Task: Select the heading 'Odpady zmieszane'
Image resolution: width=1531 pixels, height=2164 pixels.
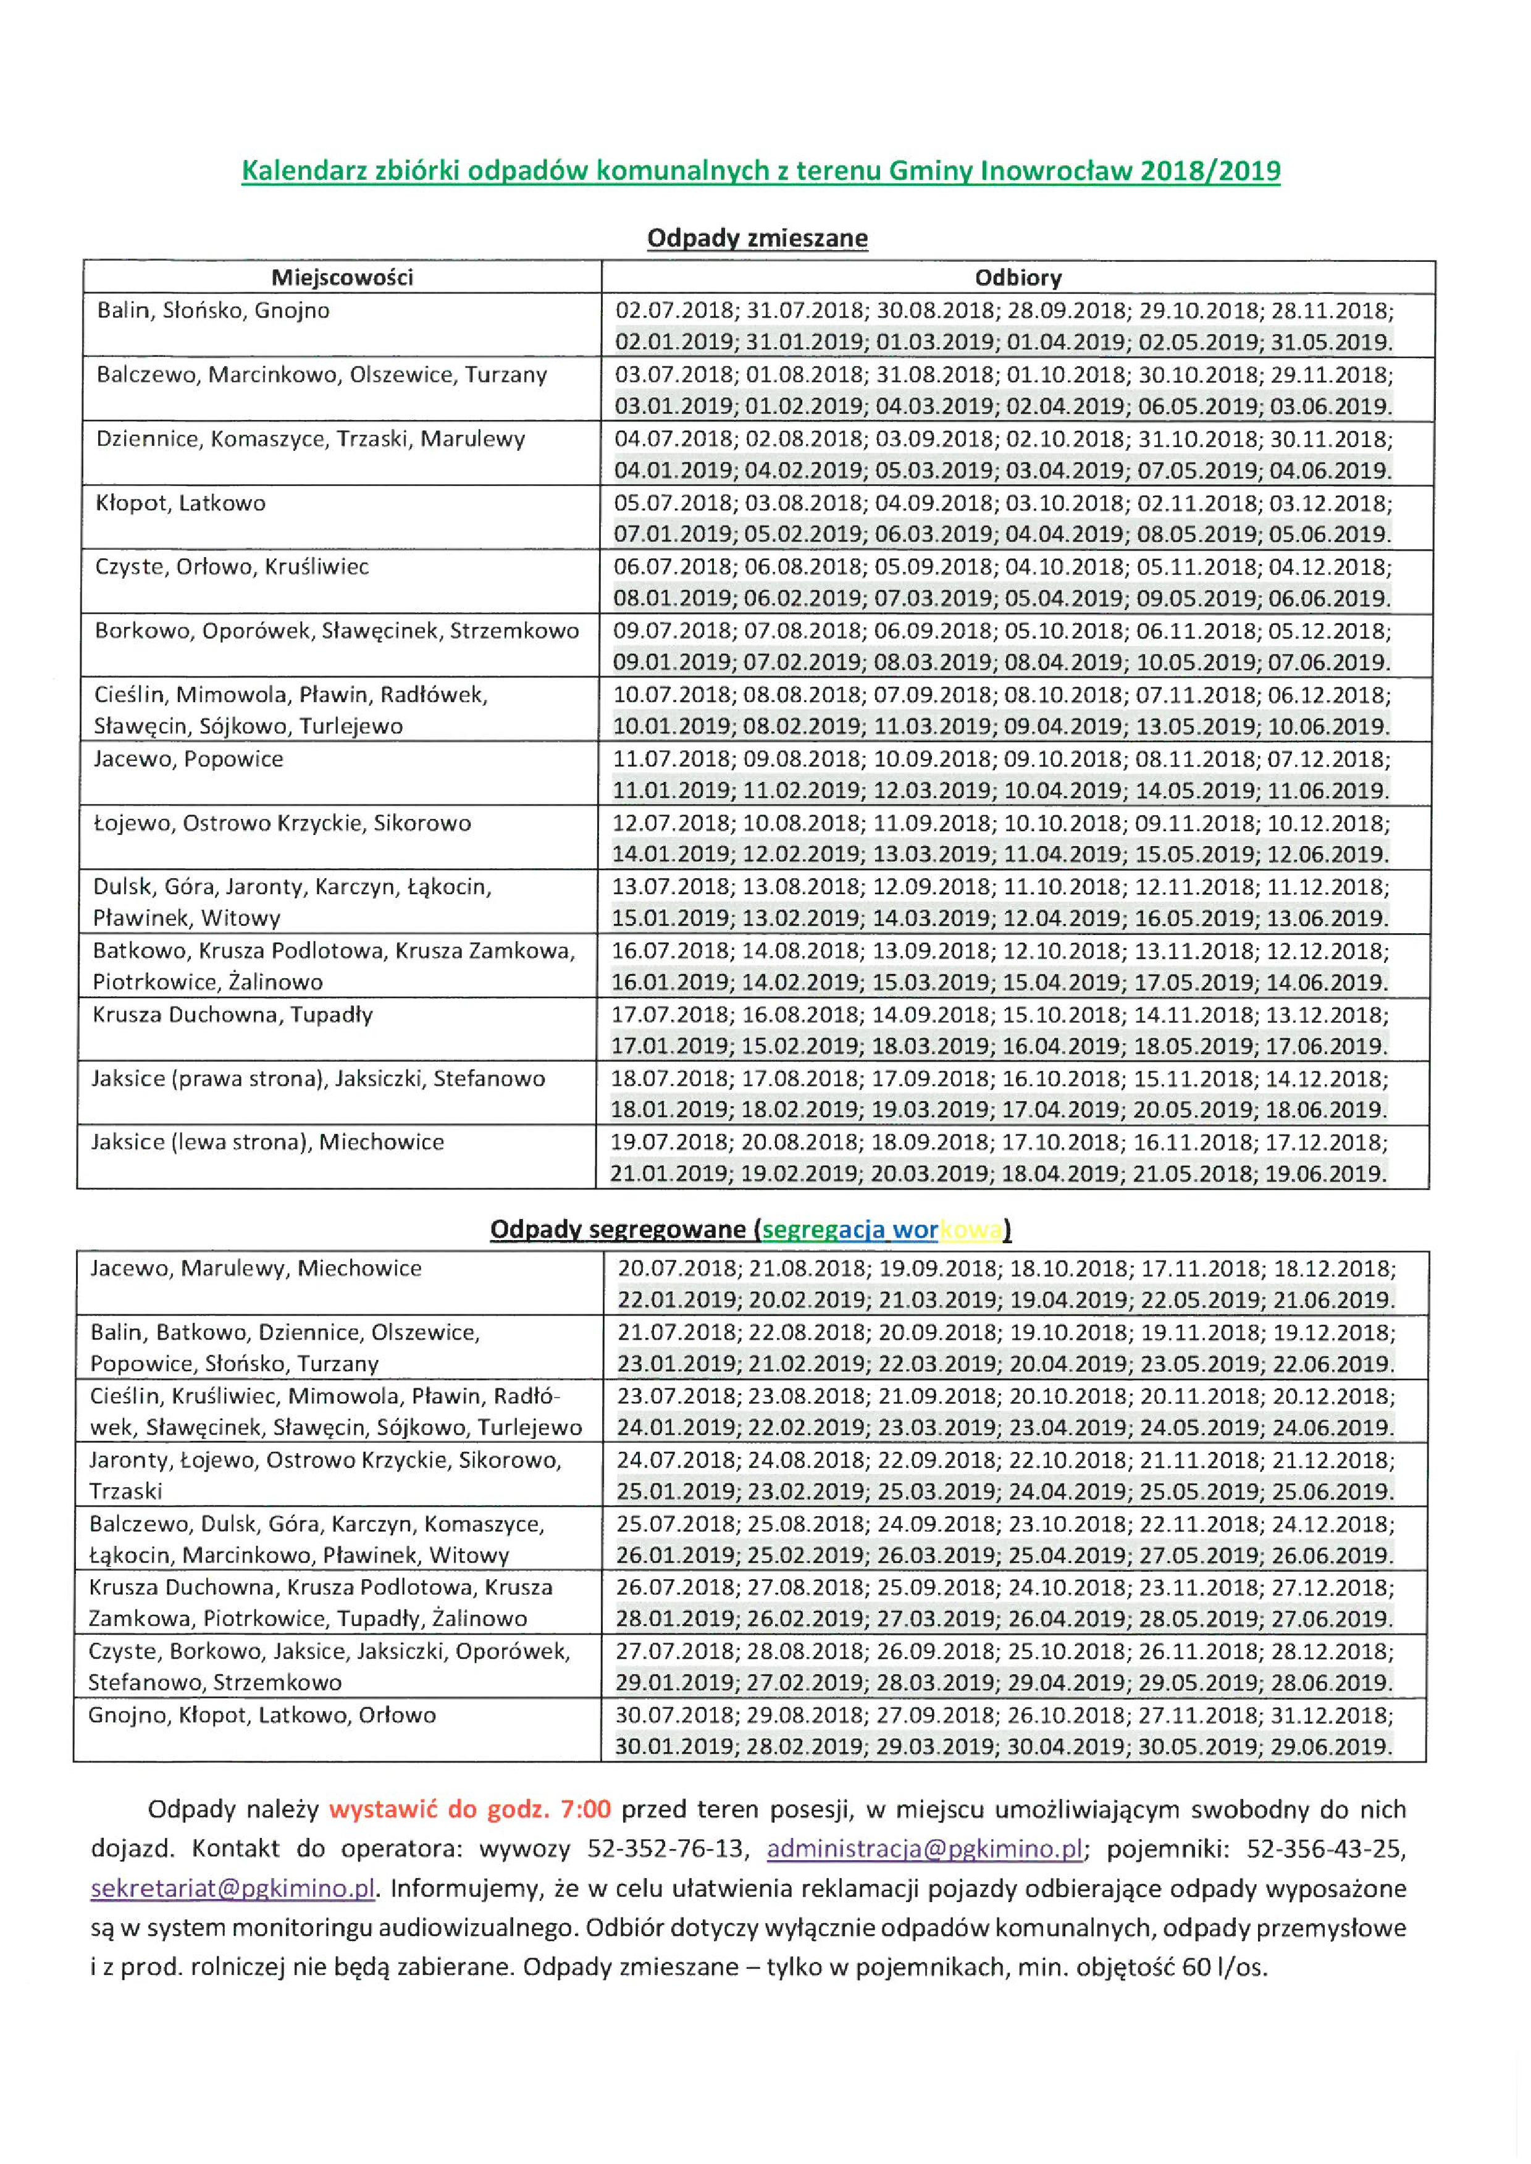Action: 757,238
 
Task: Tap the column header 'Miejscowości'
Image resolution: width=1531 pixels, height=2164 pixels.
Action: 342,277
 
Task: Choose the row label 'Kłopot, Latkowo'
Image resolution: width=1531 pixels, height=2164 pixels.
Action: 180,503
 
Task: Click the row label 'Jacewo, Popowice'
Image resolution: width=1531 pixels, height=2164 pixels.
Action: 188,760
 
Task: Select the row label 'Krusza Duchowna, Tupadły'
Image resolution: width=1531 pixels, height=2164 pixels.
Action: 232,1015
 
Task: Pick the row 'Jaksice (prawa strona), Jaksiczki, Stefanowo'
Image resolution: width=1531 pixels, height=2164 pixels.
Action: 317,1078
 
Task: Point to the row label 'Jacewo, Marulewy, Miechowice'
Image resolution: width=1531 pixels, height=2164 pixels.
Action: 256,1269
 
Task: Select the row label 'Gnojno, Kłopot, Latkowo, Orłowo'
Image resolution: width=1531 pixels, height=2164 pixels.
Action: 262,1716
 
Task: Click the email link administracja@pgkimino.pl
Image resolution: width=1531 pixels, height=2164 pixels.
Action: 925,1849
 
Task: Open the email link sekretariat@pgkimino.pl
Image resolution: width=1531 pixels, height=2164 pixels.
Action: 233,1889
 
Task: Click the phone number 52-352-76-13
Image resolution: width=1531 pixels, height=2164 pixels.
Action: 666,1849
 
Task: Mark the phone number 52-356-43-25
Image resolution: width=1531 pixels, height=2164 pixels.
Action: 1325,1849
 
